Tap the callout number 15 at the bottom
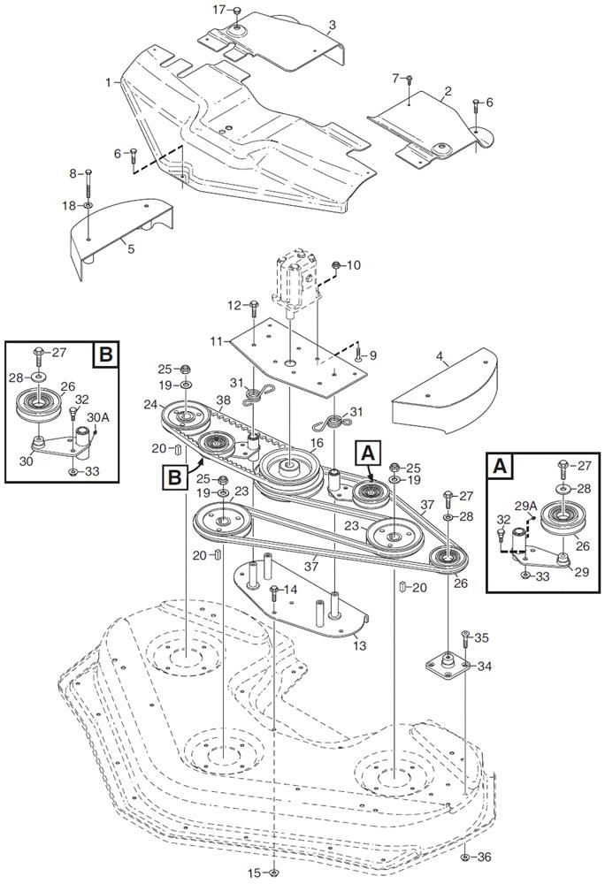pyautogui.click(x=253, y=873)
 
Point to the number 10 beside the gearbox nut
pyautogui.click(x=354, y=265)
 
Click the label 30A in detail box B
pyautogui.click(x=97, y=416)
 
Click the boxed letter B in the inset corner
pyautogui.click(x=104, y=355)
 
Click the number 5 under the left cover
pyautogui.click(x=131, y=248)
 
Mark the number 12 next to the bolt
pyautogui.click(x=234, y=305)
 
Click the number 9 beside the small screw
pyautogui.click(x=373, y=355)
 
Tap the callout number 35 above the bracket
pyautogui.click(x=481, y=636)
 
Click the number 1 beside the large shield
pyautogui.click(x=108, y=81)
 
